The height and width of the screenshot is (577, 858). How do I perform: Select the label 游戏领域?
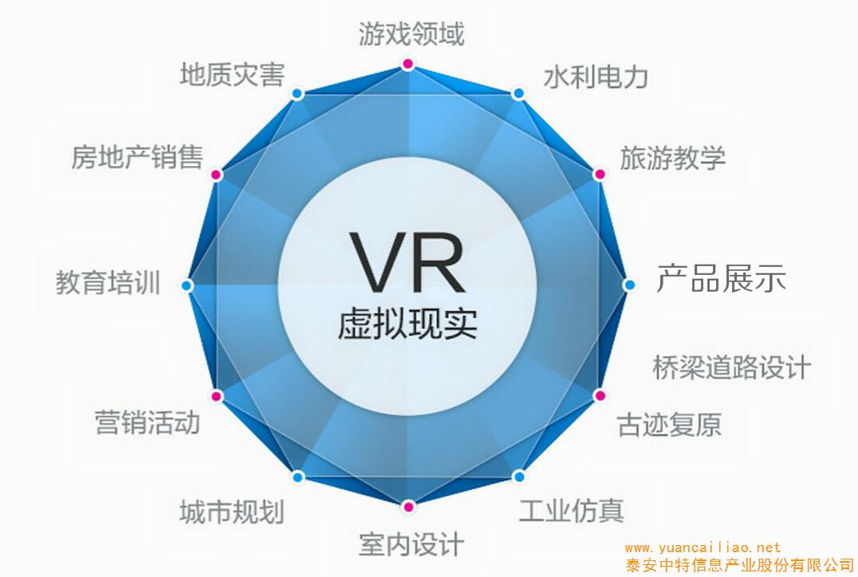click(x=411, y=34)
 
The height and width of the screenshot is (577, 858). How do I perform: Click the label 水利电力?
click(x=596, y=77)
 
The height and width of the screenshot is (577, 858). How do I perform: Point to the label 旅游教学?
click(x=673, y=157)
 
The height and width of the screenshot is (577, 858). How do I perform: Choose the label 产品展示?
click(x=721, y=279)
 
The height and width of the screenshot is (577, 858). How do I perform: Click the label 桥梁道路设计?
click(x=731, y=367)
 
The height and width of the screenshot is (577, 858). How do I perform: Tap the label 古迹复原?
click(x=669, y=424)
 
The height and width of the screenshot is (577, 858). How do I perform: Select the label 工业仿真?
click(x=571, y=510)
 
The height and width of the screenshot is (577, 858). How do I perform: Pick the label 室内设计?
click(x=411, y=544)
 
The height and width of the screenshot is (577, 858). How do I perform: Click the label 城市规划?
click(x=231, y=511)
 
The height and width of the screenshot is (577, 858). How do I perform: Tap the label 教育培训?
click(x=108, y=282)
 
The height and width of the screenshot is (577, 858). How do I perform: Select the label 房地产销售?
click(x=136, y=157)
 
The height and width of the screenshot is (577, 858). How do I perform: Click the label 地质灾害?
click(x=231, y=75)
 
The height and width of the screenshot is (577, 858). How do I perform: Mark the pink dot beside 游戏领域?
click(x=408, y=63)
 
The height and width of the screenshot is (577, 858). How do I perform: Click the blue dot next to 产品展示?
click(x=629, y=285)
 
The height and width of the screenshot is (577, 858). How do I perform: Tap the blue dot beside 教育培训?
click(x=187, y=285)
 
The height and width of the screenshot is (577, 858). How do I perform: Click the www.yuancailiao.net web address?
click(x=703, y=548)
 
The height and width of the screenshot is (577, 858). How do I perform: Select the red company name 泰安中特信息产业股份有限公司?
click(x=739, y=565)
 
